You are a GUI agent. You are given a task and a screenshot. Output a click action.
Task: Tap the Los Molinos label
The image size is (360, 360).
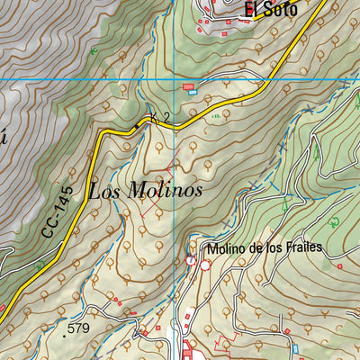click(x=145, y=191)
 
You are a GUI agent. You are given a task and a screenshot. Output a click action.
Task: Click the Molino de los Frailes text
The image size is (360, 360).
click(x=263, y=248)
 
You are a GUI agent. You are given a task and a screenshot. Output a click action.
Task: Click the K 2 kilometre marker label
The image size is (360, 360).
click(x=159, y=117)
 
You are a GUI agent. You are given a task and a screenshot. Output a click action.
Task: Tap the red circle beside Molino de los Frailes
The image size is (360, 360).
click(x=205, y=265)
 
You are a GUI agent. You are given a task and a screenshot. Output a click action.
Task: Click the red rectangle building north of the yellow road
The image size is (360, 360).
click(x=189, y=86)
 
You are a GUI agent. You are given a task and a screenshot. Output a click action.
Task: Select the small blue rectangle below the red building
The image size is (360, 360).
click(x=191, y=93)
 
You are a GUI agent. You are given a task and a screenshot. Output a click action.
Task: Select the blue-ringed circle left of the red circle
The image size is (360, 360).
click(x=191, y=260)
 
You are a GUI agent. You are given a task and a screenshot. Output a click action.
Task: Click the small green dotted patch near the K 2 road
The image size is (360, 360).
click(x=215, y=115)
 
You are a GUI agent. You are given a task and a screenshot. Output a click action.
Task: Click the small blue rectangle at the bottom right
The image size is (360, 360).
click(x=296, y=347)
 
